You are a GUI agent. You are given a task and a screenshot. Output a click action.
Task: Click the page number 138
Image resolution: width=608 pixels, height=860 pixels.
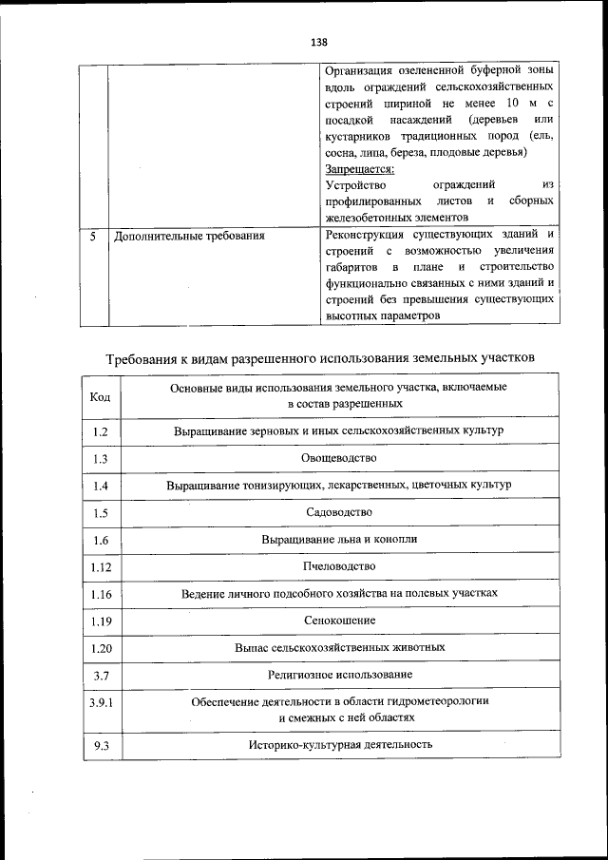click(319, 43)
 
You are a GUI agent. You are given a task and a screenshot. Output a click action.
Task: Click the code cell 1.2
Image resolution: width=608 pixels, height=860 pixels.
click(101, 432)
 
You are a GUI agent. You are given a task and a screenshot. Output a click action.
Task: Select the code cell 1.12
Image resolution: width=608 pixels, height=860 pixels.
click(101, 567)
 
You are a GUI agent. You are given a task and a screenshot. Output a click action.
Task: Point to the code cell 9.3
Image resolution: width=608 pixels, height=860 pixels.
click(101, 746)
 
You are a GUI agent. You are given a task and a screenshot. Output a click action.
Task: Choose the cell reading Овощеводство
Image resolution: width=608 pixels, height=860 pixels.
click(339, 458)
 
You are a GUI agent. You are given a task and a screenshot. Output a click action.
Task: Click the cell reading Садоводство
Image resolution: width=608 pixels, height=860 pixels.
click(339, 512)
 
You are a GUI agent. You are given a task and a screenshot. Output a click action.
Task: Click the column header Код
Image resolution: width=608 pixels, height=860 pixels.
click(100, 396)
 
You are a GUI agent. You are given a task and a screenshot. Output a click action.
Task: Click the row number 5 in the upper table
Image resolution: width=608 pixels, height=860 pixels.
click(93, 235)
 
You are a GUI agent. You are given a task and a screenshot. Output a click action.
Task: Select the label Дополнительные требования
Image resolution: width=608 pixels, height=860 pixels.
click(189, 235)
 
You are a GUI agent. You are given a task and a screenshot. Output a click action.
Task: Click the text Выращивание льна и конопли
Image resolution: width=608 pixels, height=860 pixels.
click(339, 539)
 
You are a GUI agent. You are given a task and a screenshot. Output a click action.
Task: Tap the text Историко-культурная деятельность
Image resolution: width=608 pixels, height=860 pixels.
click(339, 744)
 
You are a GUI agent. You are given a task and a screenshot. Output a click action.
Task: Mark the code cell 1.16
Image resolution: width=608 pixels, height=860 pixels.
click(101, 595)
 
